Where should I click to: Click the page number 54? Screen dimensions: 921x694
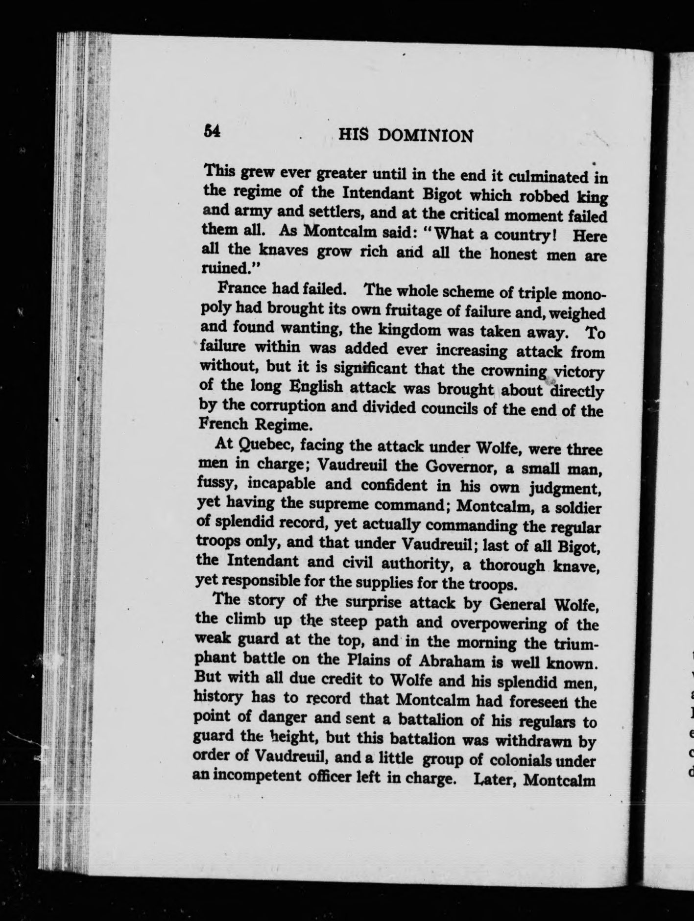212,132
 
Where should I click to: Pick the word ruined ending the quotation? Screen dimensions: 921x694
225,268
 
